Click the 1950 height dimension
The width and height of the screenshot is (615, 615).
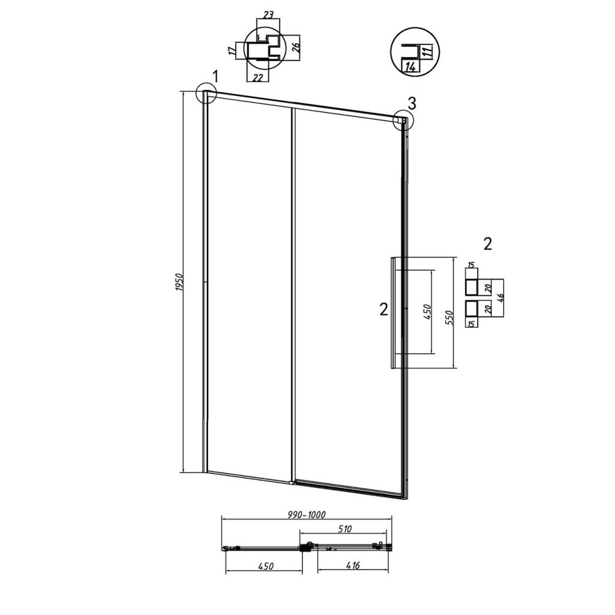click(180, 282)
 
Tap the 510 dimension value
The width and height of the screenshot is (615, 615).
click(344, 529)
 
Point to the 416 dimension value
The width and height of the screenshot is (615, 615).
click(352, 565)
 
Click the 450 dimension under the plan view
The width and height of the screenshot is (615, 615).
click(265, 566)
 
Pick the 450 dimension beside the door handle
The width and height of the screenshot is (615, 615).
click(427, 312)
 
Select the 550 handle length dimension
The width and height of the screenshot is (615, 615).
click(449, 318)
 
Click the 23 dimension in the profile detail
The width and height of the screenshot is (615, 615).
click(268, 15)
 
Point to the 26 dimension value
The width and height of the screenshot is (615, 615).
click(297, 46)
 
